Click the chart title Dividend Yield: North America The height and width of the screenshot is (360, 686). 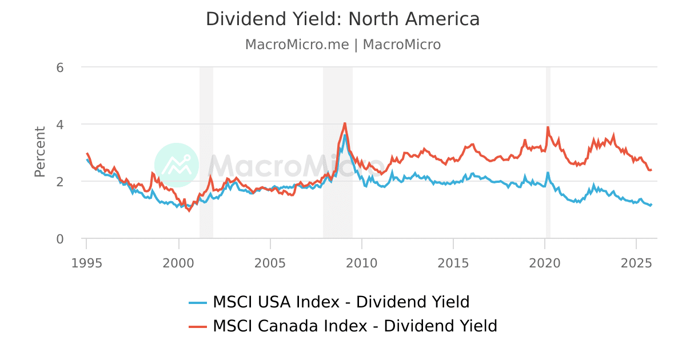pos(342,19)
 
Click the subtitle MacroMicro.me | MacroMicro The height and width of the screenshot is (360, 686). pos(342,45)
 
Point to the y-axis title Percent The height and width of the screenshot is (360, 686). pos(39,151)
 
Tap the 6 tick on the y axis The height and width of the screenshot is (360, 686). pos(59,67)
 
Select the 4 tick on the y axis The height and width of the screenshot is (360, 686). pos(59,125)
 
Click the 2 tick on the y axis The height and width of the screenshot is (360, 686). pos(59,182)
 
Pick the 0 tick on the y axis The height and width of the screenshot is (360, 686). pos(59,239)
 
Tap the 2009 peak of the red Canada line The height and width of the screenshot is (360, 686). pos(345,123)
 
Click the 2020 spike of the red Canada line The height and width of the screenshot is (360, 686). pos(548,127)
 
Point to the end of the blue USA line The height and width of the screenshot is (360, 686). pos(651,205)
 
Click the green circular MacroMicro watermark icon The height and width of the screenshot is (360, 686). pos(177,165)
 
